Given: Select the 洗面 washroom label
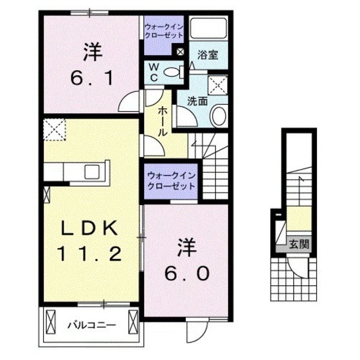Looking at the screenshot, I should click(x=196, y=100).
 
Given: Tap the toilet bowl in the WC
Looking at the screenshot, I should click(x=172, y=73).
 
